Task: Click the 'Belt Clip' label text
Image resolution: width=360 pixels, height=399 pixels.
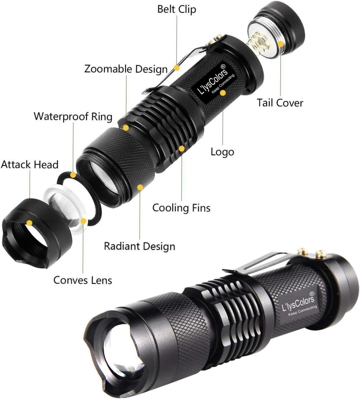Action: tap(176, 9)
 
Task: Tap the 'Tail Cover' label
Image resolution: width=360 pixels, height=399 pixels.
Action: tap(280, 103)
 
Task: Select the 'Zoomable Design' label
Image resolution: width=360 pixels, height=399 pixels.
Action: tap(126, 69)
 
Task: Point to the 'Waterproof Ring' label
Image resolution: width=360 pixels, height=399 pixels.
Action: tap(73, 116)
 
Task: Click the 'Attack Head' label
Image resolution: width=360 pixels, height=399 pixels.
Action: tap(30, 164)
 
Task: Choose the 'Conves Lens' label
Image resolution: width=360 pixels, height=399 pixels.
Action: tap(83, 280)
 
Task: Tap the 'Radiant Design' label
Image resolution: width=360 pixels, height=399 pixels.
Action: tap(140, 246)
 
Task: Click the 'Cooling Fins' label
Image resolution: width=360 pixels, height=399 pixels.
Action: tap(181, 208)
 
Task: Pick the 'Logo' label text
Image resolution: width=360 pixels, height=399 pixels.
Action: tap(222, 152)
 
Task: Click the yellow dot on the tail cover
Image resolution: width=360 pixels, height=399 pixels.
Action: tap(281, 44)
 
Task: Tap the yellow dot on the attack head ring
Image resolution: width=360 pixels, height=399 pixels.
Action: tap(29, 223)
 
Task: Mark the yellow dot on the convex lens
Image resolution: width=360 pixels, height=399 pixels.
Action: tap(84, 221)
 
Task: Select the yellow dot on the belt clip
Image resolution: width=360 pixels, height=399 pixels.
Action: tap(176, 68)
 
